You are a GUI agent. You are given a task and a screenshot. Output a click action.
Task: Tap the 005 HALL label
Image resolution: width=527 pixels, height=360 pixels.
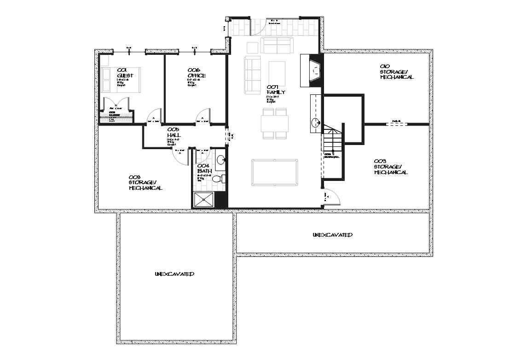coord(174,133)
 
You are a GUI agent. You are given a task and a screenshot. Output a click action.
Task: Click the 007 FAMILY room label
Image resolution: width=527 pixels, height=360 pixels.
coord(276,89)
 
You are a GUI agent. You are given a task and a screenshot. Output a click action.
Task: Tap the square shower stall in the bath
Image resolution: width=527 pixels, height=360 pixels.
coord(203,199)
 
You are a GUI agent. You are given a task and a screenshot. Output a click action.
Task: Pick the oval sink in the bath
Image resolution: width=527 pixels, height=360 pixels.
coord(221,160)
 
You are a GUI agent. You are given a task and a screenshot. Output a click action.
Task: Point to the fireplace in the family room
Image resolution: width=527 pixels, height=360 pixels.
coord(314,70)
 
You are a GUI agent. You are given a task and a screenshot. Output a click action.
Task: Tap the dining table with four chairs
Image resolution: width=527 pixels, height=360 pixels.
coord(275,123)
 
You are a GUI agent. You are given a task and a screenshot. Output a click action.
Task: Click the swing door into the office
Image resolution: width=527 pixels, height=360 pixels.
coord(203,116)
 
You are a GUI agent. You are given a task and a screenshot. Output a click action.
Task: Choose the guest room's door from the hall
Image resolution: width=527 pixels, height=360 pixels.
coord(154,116)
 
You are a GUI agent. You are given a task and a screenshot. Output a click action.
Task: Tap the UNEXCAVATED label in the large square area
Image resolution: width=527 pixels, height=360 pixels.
coord(174,274)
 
